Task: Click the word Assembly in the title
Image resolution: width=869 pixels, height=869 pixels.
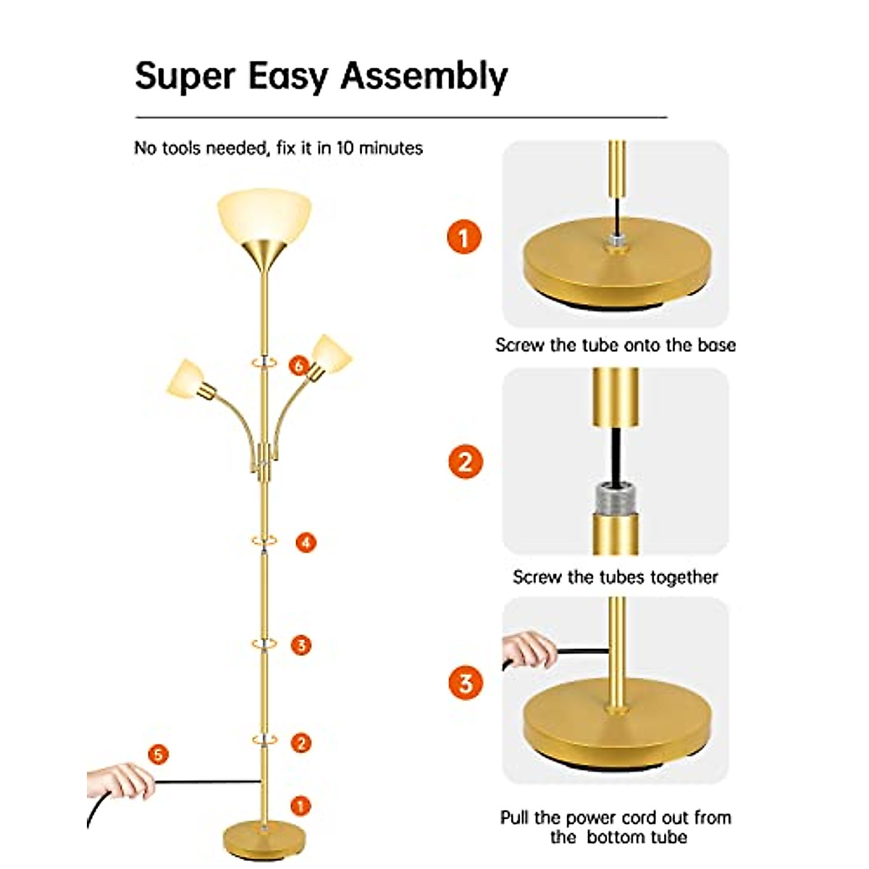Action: tap(424, 76)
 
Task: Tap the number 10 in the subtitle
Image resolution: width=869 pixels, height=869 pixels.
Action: tap(345, 148)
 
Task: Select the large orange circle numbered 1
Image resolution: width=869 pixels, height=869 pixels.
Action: tap(464, 237)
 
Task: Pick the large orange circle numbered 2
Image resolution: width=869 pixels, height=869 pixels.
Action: tap(464, 461)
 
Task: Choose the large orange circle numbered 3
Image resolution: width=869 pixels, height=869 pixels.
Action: tap(464, 682)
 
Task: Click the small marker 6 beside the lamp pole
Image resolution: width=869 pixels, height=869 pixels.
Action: tap(299, 366)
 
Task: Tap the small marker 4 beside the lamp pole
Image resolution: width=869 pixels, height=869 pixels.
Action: tap(306, 542)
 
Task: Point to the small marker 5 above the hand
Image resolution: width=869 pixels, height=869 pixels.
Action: tap(157, 755)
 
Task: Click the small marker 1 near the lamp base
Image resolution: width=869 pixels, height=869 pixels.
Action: tap(300, 805)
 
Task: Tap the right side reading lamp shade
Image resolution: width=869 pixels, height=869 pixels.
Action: tap(331, 353)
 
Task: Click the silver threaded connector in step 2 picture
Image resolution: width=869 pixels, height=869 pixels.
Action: tap(615, 496)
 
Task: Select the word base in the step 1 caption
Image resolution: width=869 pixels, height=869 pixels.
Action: tap(716, 345)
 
